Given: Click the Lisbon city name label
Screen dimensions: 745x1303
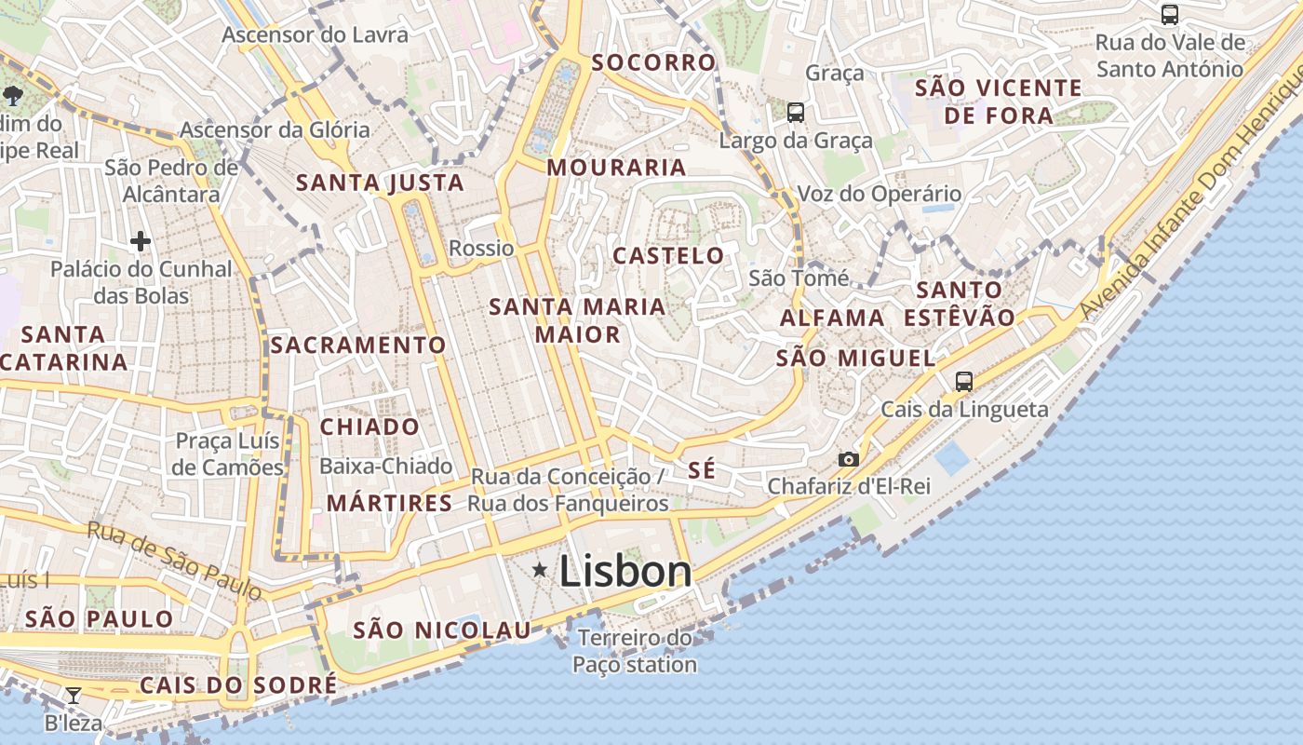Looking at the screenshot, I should (x=625, y=572).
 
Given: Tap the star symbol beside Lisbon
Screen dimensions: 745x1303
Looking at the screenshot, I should (x=539, y=569).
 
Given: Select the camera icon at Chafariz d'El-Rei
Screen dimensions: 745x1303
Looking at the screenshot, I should (x=848, y=459).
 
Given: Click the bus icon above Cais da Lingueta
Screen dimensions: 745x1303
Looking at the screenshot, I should (x=964, y=381).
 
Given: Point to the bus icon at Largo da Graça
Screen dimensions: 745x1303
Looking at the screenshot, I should (x=796, y=113).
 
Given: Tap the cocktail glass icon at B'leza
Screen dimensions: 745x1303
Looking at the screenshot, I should (x=73, y=695).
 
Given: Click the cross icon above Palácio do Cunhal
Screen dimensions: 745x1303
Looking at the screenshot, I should (x=141, y=242).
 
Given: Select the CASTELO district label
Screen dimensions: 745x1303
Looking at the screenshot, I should (x=668, y=255).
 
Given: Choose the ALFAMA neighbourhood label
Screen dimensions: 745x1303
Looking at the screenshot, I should (x=832, y=318).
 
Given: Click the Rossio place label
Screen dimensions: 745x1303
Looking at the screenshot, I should (x=481, y=248).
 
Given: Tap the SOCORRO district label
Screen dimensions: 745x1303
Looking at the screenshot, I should (x=654, y=62).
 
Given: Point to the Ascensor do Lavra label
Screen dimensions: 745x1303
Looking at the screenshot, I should (x=315, y=35).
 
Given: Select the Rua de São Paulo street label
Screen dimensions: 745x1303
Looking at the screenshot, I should (x=175, y=559).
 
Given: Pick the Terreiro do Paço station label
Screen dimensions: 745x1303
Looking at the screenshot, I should (x=635, y=651).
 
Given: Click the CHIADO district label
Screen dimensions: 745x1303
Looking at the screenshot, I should (x=369, y=427).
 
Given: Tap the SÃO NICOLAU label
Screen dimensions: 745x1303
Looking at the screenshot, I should (x=442, y=630).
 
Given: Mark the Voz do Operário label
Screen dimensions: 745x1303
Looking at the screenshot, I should (x=880, y=194).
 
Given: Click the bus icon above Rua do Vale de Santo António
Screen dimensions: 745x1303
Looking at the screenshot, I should (x=1170, y=15).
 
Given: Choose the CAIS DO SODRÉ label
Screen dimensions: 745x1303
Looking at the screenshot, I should (x=238, y=685).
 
